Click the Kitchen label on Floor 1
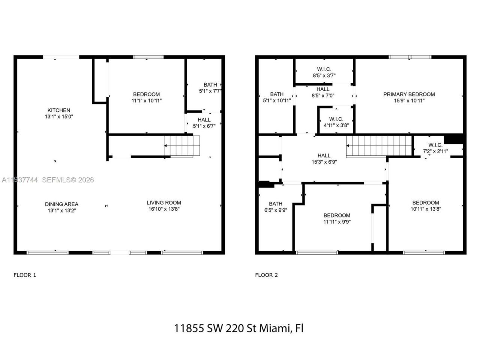pyautogui.click(x=58, y=110)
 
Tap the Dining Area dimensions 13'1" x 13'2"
pyautogui.click(x=61, y=211)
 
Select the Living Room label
pyautogui.click(x=164, y=202)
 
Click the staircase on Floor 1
pyautogui.click(x=182, y=146)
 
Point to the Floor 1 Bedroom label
pyautogui.click(x=146, y=94)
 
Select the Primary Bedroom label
pyautogui.click(x=409, y=94)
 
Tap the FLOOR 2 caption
pyautogui.click(x=266, y=275)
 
